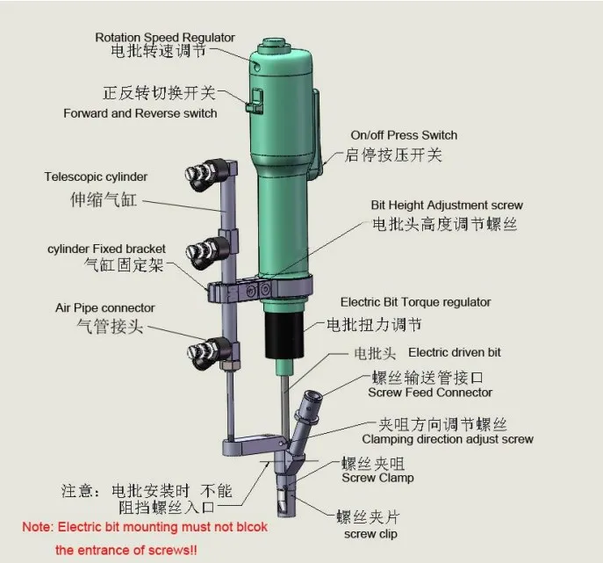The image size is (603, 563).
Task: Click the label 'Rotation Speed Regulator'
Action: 165,37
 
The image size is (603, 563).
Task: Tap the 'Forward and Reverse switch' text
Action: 140,113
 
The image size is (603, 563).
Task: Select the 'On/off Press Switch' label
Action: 404,135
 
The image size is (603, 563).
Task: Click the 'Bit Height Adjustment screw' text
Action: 447,206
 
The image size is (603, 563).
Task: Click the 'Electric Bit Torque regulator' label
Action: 415,302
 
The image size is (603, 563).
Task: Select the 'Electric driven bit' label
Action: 455,352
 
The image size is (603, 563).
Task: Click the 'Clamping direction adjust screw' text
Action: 448,439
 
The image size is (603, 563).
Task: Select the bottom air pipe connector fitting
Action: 204,357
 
